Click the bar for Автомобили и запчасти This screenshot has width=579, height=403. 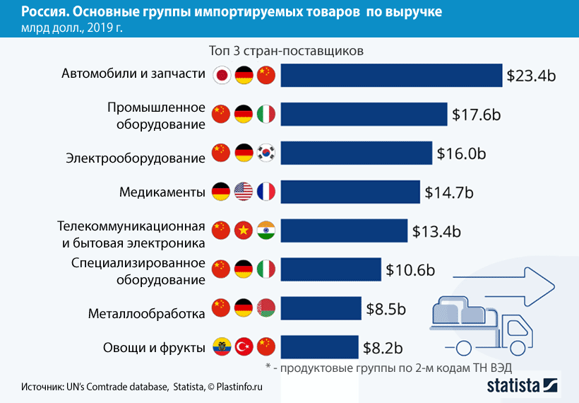coord(391,76)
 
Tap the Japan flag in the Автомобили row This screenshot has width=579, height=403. coord(222,74)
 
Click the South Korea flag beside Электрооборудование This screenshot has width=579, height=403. coord(265,152)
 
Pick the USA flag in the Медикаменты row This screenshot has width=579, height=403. coord(244,191)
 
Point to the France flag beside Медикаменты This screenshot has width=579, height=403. coord(265,191)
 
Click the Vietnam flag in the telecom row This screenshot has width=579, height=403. coord(244,230)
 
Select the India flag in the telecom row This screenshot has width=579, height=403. coord(265,230)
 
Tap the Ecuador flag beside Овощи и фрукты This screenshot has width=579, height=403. coord(222,346)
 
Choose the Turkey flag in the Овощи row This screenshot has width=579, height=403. coord(244,346)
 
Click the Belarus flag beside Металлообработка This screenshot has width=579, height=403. coord(265,308)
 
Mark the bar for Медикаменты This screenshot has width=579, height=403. coord(350,192)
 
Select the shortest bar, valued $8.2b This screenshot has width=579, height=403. coord(319,347)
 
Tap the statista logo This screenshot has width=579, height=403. coord(523,385)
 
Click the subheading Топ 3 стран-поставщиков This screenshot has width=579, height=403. coord(286,52)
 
